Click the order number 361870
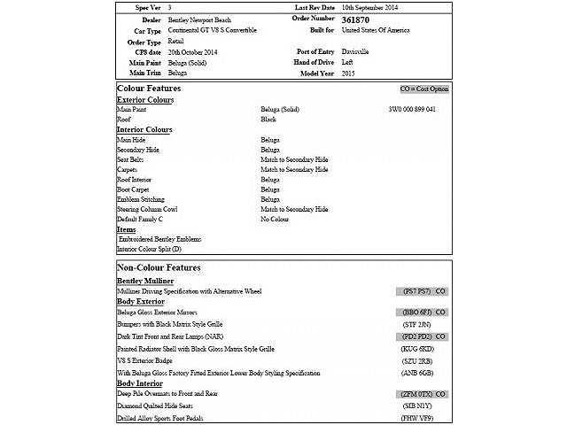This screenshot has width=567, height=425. (357, 19)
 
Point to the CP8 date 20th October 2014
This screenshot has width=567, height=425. (192, 51)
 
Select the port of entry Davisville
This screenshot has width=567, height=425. (356, 51)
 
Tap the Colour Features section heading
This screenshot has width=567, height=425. (149, 89)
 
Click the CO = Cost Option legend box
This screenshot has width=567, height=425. (424, 89)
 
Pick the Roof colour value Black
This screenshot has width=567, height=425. (268, 119)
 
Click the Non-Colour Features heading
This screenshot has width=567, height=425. (159, 267)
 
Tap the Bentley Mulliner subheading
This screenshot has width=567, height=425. (145, 281)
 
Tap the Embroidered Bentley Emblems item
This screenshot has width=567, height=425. (160, 239)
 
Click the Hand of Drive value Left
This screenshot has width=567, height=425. (347, 62)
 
